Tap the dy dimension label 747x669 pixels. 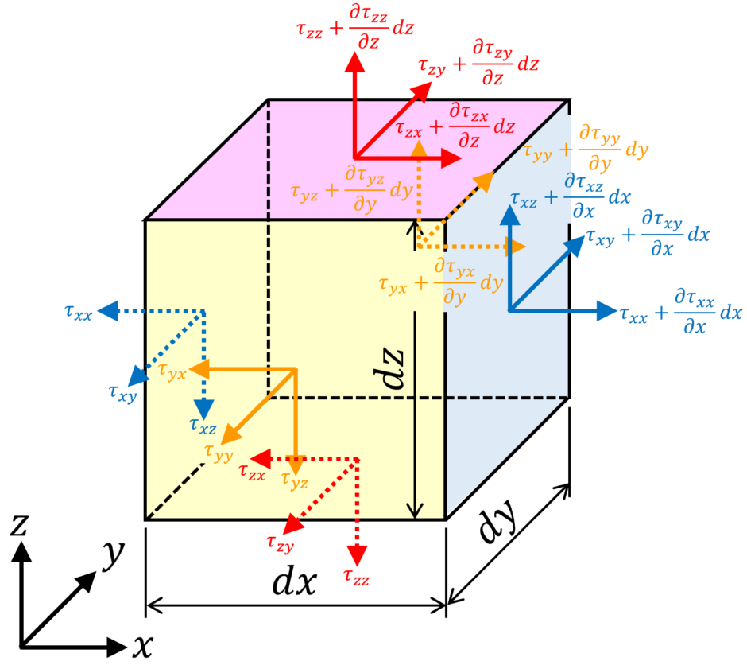click(498, 521)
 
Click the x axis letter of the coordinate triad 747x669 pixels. click(142, 647)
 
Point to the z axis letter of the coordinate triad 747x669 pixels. click(19, 525)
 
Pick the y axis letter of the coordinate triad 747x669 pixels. click(114, 554)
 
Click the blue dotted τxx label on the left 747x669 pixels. click(79, 313)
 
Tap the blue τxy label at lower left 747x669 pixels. click(123, 394)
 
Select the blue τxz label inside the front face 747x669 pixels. click(203, 426)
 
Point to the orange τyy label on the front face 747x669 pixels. click(219, 453)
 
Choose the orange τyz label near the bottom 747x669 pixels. click(294, 480)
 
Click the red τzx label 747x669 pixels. click(252, 473)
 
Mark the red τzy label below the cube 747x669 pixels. click(280, 544)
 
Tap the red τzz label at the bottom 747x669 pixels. click(356, 578)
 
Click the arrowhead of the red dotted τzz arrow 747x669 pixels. click(357, 555)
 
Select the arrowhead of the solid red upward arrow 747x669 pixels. click(354, 62)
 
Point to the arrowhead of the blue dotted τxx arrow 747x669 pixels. click(107, 311)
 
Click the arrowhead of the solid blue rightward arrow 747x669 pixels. click(607, 311)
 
